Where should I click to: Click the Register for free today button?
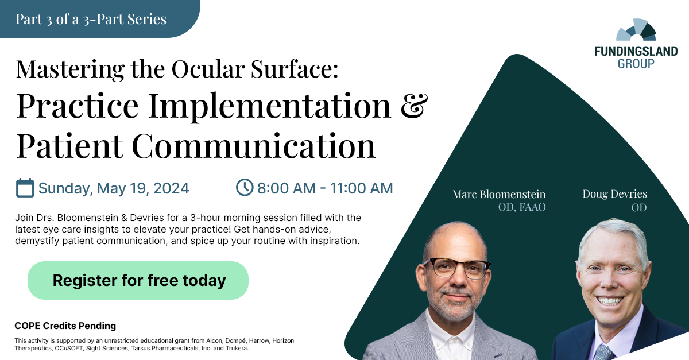(138, 280)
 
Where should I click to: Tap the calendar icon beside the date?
(25, 188)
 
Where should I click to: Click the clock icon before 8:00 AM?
(245, 187)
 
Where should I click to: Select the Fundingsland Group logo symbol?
(636, 32)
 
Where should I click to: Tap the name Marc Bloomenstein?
(499, 194)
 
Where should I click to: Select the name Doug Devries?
(614, 193)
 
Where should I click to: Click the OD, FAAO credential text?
(521, 207)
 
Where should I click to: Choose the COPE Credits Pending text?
(65, 326)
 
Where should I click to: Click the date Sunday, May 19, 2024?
(114, 188)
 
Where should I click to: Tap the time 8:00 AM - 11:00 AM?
(325, 188)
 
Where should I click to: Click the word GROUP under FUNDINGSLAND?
(636, 64)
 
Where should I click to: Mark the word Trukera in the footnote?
(236, 348)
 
